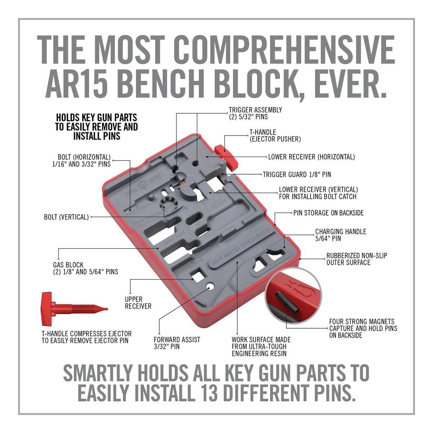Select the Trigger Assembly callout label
coord(255,113)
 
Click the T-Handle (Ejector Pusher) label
coord(275,136)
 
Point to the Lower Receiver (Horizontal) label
coord(311,157)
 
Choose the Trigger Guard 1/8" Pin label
coord(297,174)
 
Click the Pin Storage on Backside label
coord(328,213)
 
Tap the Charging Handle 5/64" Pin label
coord(341,235)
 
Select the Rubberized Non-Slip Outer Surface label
coord(357,259)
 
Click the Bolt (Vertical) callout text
coord(66,217)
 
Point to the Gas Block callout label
coord(86,268)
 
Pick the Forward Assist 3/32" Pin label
coord(177,343)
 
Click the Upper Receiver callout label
coord(138,302)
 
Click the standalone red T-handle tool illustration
coord(74,309)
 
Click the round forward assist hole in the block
coord(210,287)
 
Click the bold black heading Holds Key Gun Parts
coord(97,127)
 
